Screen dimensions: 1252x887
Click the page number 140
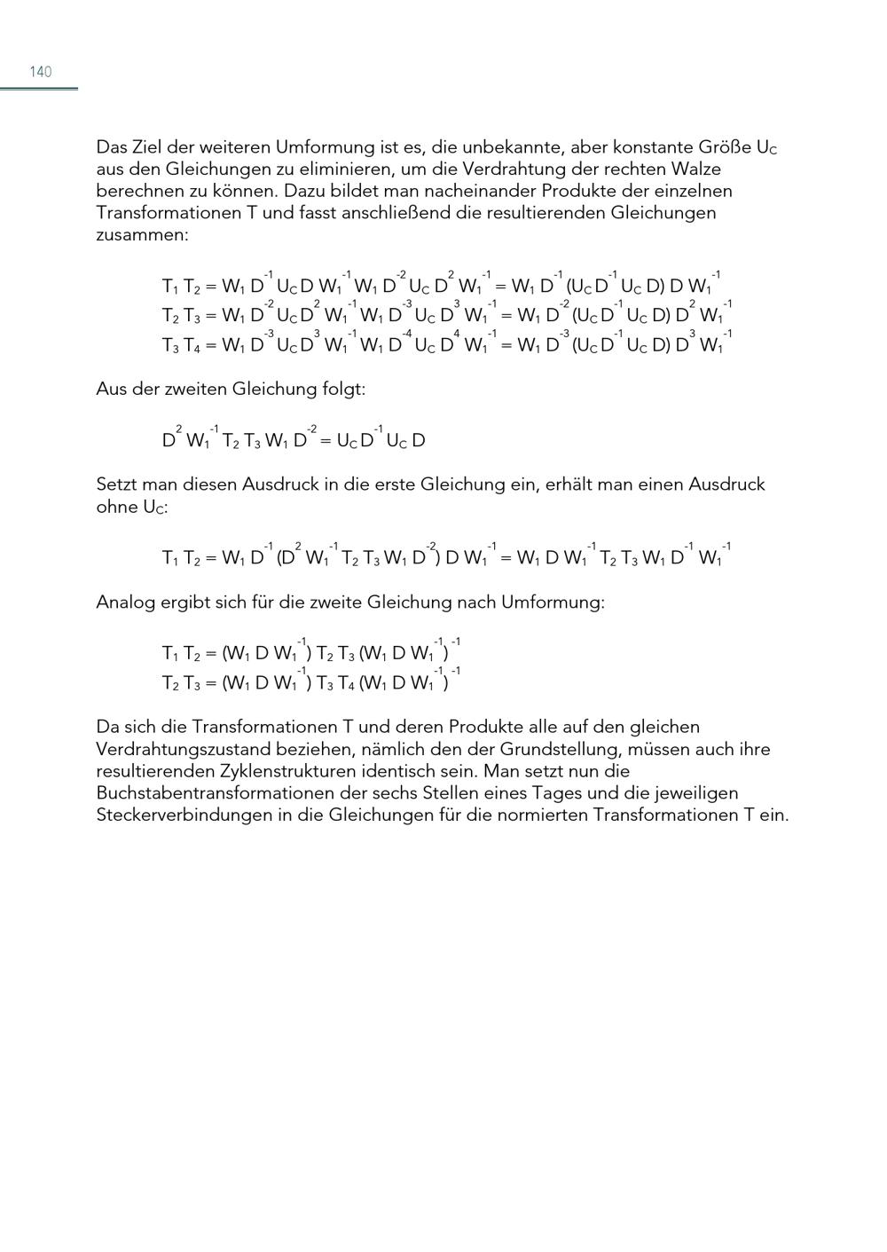click(x=41, y=72)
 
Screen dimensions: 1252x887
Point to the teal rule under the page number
click(x=39, y=89)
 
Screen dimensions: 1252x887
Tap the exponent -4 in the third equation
click(x=408, y=333)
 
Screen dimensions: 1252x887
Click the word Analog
click(x=124, y=602)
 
